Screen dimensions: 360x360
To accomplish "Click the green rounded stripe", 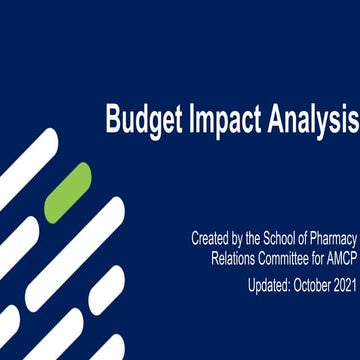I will [68, 192].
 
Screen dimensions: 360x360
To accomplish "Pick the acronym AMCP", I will [339, 260].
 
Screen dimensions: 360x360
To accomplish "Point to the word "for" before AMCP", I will [318, 260].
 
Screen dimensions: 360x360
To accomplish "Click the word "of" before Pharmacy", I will [315, 239].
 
